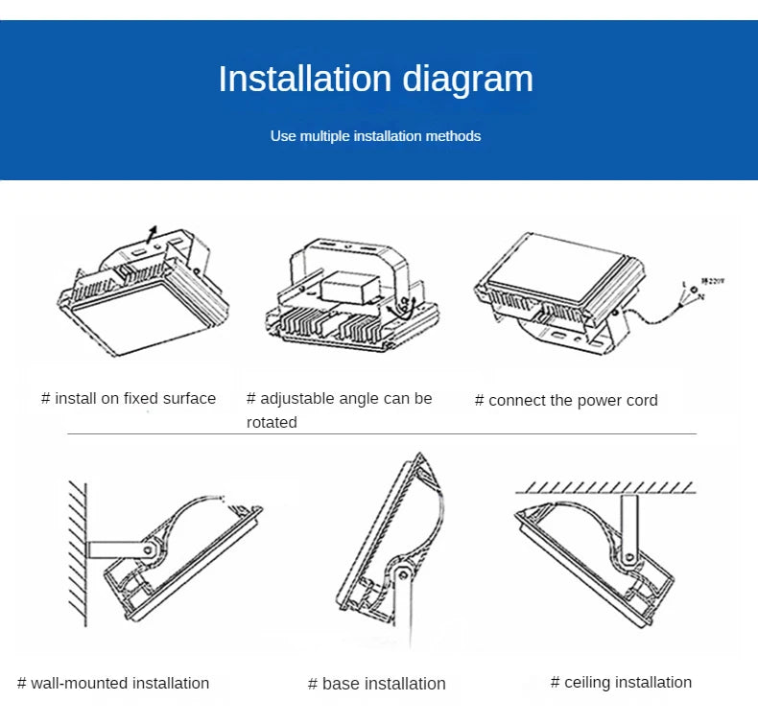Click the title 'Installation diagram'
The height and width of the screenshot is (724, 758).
point(375,79)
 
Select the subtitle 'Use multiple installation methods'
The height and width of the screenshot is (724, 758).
point(375,136)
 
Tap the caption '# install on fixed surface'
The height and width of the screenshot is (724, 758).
point(129,398)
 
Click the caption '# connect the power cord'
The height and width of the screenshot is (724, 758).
point(566,400)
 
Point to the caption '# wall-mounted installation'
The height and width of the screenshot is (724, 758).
point(113,684)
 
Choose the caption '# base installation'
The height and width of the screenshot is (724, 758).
point(376,684)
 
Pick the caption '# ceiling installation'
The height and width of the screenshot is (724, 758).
point(621,682)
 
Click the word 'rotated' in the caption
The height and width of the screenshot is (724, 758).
point(272,422)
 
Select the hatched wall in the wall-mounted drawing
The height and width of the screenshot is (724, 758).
point(76,547)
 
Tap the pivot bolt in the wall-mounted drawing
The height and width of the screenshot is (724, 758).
point(147,550)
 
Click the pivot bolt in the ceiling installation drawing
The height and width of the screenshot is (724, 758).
point(630,555)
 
